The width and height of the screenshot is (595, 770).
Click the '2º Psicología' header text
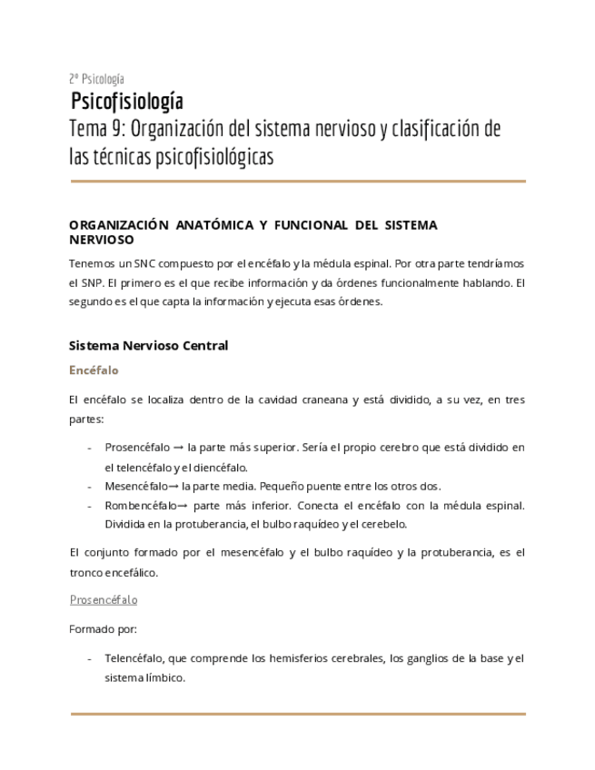[97, 79]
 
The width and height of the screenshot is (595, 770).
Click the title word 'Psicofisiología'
[127, 101]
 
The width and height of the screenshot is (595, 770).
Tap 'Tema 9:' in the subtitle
[95, 129]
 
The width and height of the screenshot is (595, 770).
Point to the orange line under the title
[297, 182]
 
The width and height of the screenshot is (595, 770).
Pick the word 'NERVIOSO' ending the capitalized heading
[102, 240]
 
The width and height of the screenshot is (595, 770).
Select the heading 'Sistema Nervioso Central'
[148, 346]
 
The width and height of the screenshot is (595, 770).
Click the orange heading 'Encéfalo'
[94, 370]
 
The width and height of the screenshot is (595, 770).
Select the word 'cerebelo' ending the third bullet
[386, 524]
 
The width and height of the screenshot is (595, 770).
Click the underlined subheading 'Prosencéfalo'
[104, 600]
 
